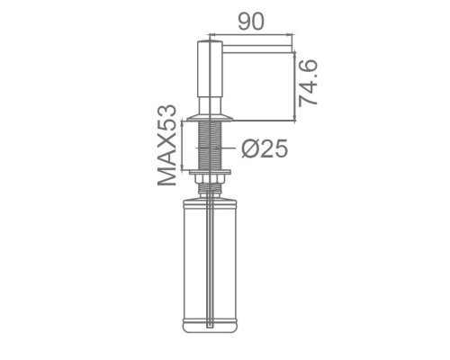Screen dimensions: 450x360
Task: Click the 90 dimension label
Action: tap(251, 22)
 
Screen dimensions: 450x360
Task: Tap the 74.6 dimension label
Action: tap(308, 83)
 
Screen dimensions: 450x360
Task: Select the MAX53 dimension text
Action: tap(166, 145)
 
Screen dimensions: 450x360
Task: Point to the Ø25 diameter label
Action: tap(265, 148)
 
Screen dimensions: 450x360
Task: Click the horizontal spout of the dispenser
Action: tap(256, 49)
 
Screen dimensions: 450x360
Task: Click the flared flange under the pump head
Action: tap(210, 118)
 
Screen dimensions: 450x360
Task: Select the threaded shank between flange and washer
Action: tap(210, 146)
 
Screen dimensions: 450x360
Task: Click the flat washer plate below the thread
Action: tap(210, 172)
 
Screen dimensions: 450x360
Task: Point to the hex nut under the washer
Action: tap(210, 179)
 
